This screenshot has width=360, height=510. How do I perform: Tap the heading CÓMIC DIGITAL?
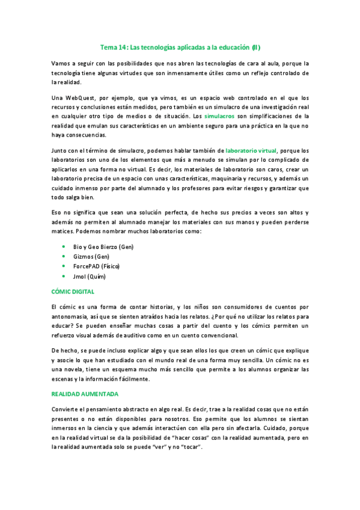pos(73,292)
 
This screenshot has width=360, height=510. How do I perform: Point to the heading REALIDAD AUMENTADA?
pos(85,394)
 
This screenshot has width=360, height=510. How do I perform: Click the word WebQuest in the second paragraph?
pos(80,97)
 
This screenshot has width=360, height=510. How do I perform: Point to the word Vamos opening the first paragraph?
pos(62,63)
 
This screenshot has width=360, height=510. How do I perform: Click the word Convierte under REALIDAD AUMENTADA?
pos(67,410)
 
